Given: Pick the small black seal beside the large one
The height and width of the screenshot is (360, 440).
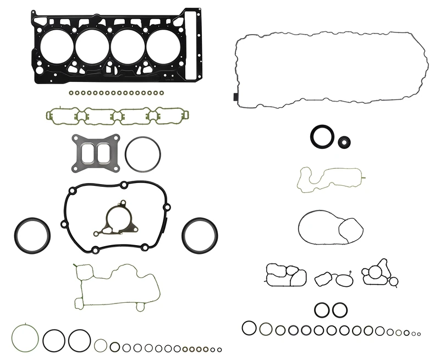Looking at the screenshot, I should point(344,142).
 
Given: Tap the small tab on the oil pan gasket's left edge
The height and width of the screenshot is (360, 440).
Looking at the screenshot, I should point(235,98).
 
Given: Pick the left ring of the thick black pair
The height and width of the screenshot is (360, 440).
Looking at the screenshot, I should point(323,309).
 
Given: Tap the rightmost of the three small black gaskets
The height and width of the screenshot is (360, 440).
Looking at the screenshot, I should point(378,274).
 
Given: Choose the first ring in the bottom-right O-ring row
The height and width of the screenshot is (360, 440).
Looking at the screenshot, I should point(249,328).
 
